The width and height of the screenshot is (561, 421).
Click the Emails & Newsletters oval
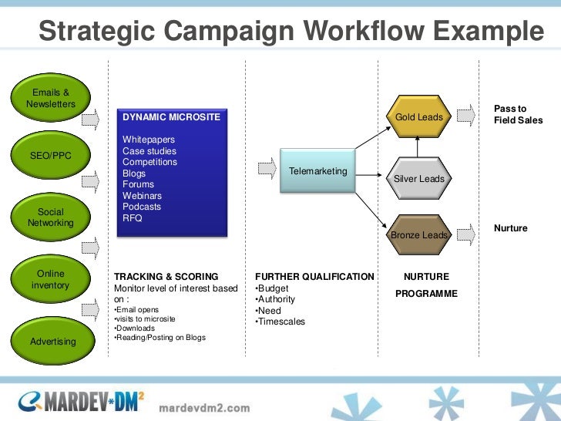51,98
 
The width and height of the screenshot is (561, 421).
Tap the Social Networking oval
51,217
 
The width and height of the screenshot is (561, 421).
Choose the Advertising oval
52,341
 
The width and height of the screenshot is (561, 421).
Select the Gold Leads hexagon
418,117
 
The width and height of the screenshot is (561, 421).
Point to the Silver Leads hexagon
418,179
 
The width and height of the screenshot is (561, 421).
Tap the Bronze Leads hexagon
418,234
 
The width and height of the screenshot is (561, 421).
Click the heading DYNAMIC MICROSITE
171,117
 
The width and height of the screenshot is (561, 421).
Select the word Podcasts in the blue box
142,207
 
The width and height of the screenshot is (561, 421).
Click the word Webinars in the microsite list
142,196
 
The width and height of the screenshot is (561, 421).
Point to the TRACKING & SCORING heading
166,277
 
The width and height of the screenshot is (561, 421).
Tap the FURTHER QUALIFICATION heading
314,277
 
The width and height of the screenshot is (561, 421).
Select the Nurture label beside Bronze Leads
510,228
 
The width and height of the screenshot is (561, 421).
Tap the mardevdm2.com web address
204,407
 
